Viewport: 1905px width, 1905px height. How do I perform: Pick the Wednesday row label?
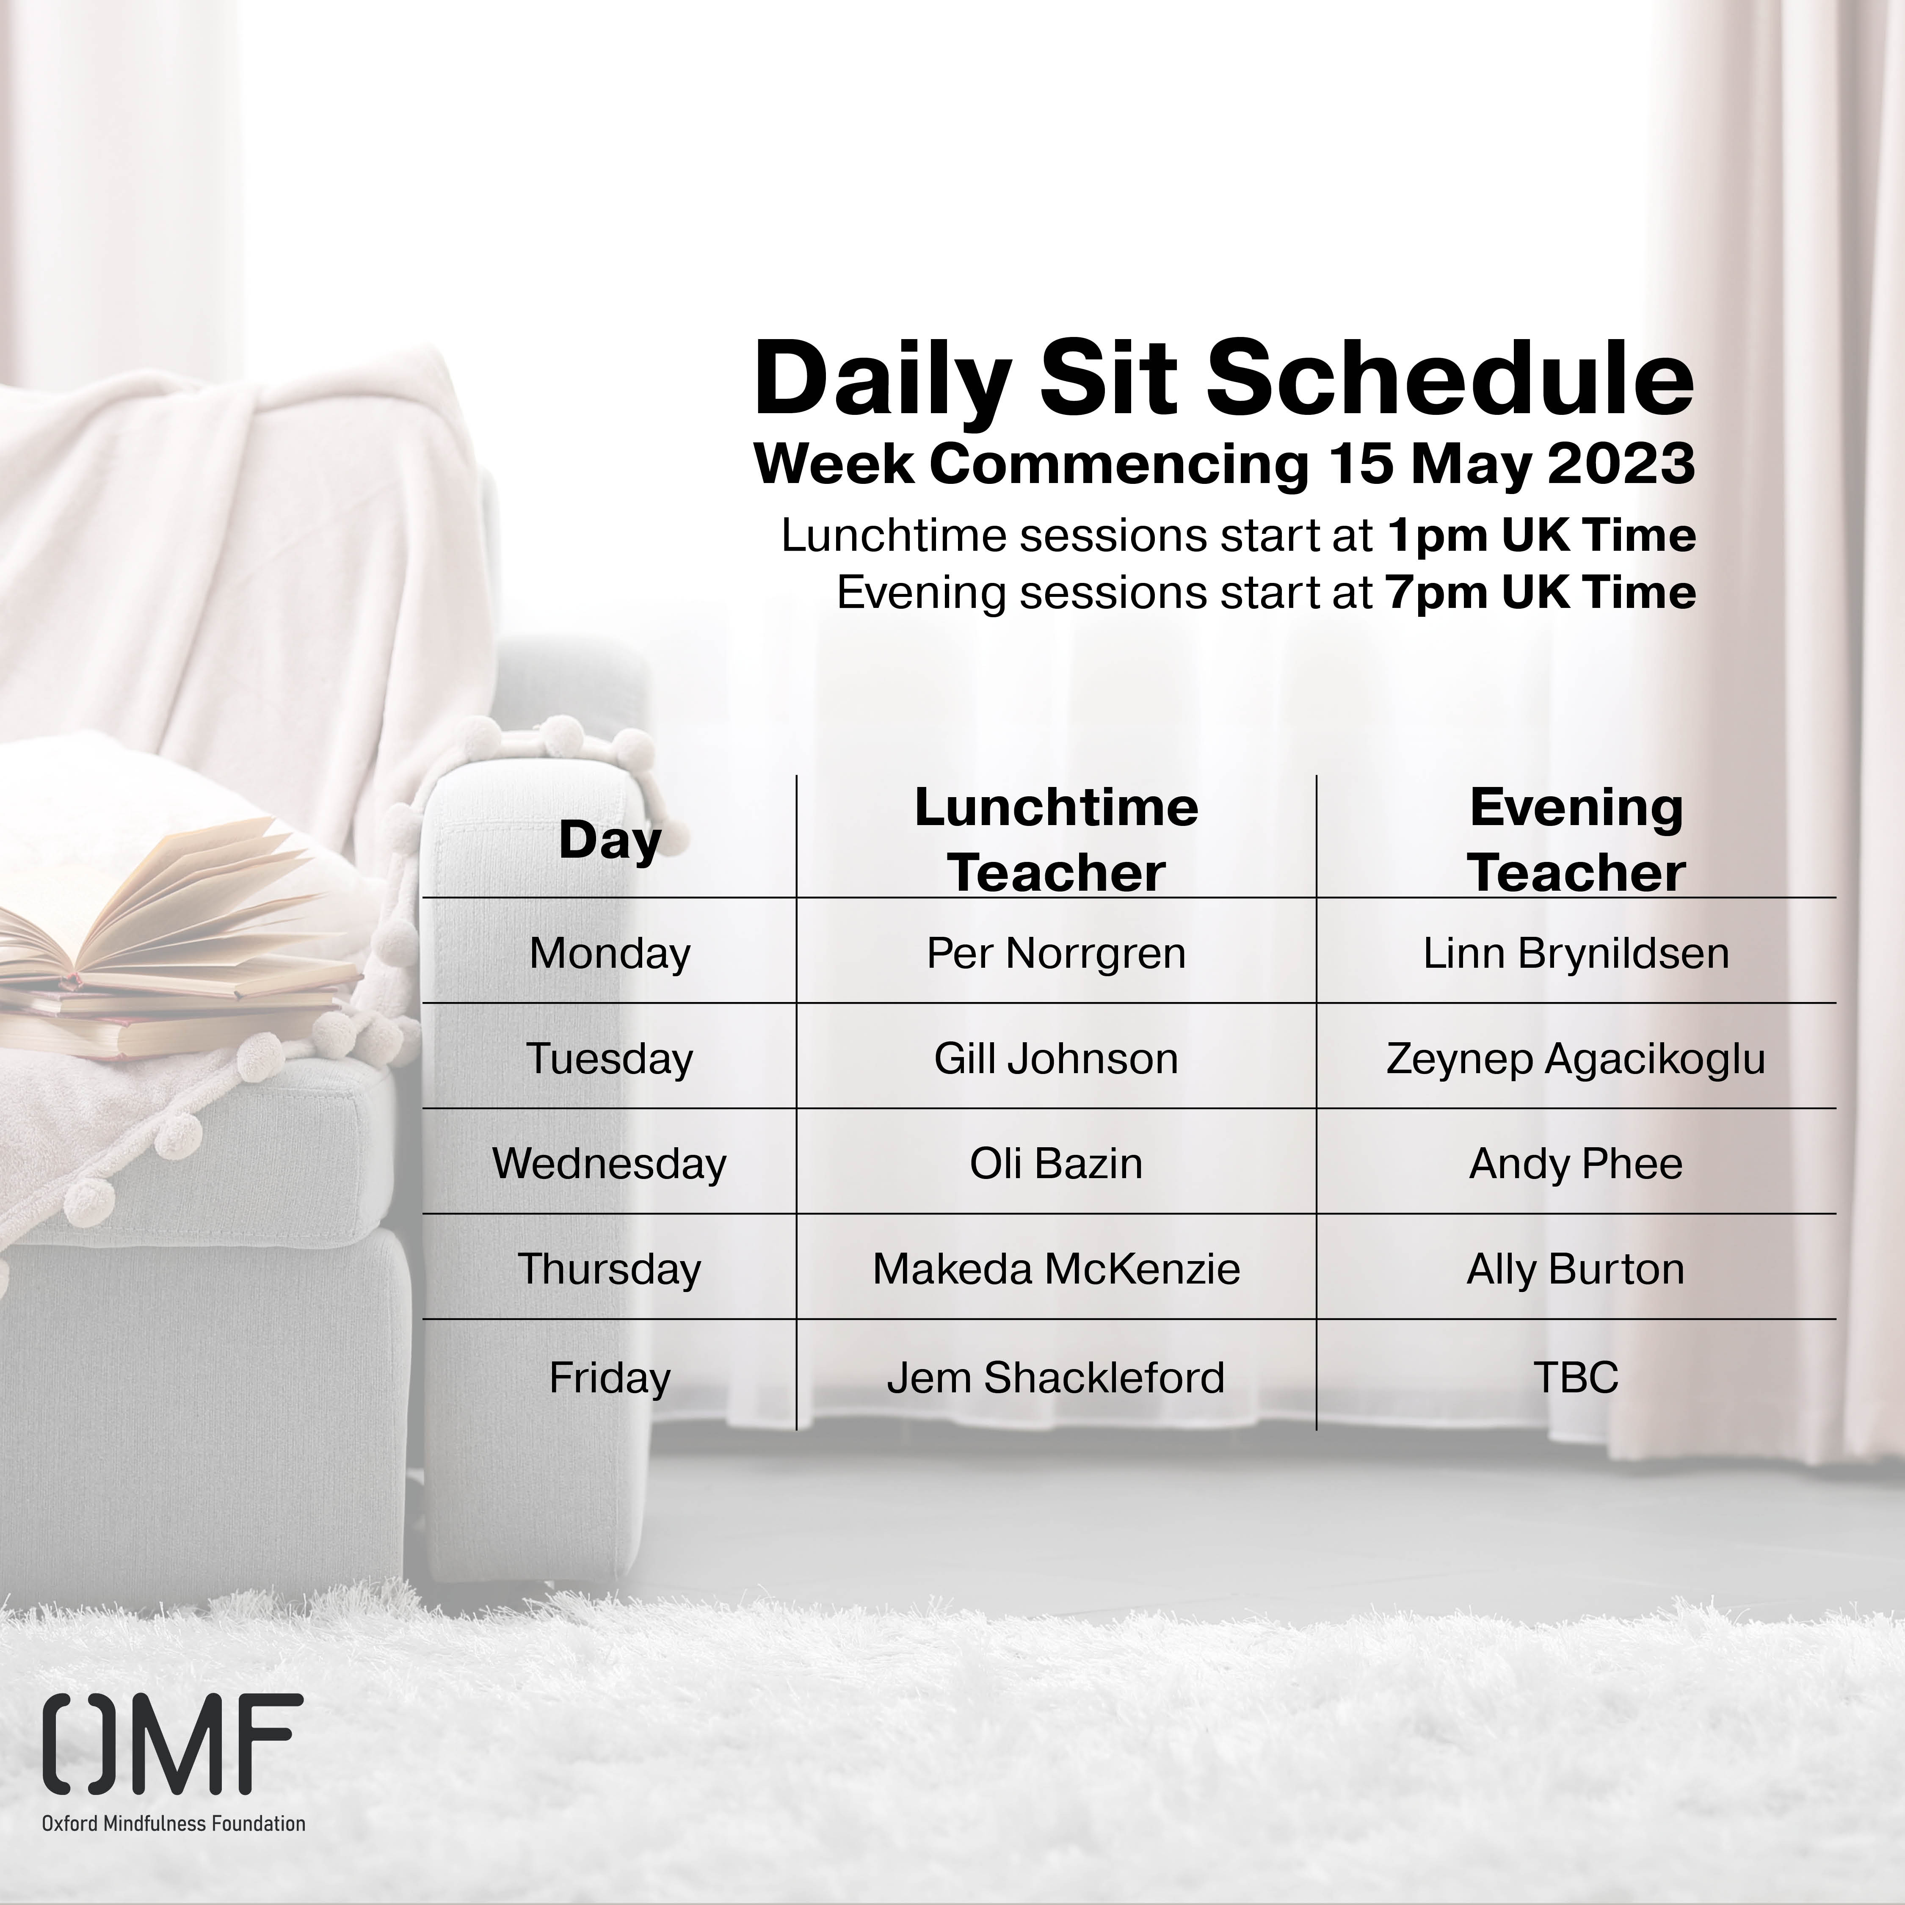(609, 1163)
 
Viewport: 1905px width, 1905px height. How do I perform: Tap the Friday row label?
(609, 1378)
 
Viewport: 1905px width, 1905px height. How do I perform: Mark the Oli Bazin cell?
(1056, 1163)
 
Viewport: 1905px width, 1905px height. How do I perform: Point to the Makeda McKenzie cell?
(1056, 1269)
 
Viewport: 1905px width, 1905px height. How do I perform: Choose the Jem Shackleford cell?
(1056, 1378)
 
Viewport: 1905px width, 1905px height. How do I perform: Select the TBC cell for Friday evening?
(1576, 1378)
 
